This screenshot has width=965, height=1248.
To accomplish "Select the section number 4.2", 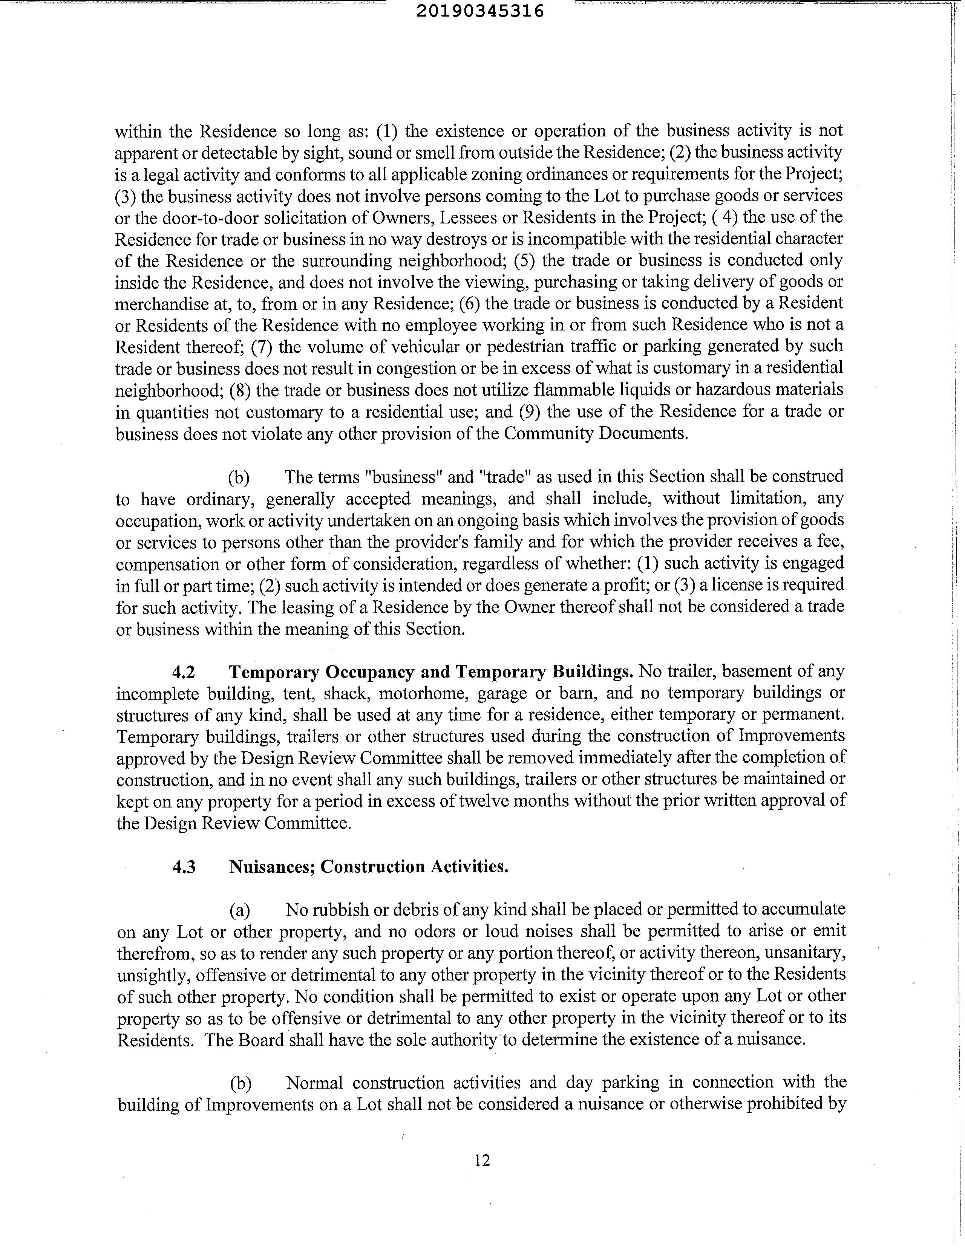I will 184,672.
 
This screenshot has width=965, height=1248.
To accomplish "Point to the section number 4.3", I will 184,867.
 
